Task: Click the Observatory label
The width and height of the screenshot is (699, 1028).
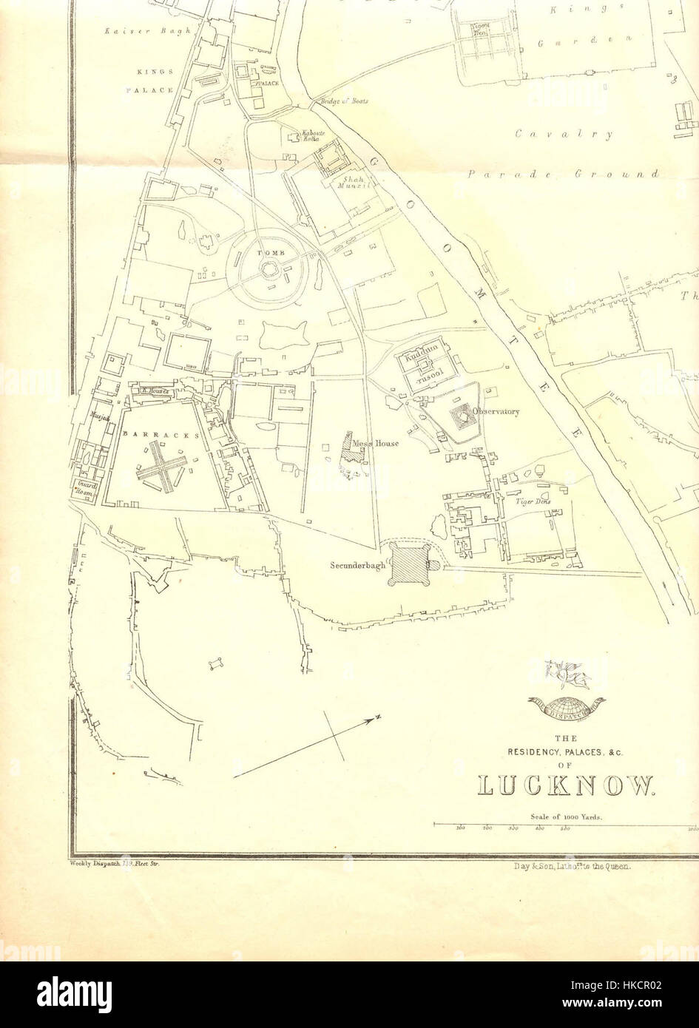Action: (497, 412)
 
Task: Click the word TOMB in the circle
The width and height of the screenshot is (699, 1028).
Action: (266, 254)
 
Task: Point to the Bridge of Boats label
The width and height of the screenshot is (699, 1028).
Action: (344, 101)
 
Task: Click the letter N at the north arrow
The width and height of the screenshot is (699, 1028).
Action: (376, 718)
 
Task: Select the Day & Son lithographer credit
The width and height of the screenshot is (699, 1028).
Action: (570, 865)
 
